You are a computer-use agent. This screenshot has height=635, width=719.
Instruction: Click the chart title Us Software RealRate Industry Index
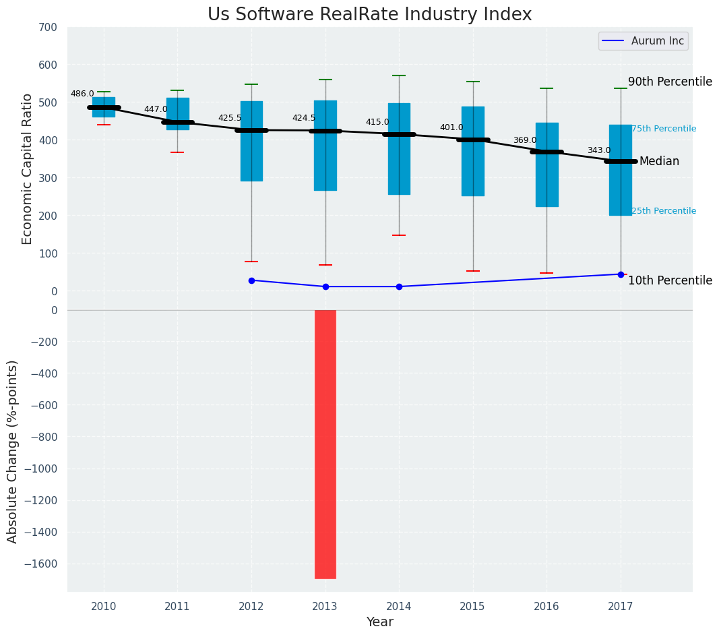369,15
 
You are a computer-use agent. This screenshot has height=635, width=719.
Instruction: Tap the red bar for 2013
325,444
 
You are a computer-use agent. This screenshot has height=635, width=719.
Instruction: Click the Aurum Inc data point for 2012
251,280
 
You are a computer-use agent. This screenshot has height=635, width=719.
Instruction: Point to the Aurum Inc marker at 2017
621,274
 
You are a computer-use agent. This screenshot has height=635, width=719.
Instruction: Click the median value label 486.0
82,94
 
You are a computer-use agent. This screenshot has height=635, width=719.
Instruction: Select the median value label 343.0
599,151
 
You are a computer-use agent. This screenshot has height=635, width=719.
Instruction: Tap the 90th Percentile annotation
670,82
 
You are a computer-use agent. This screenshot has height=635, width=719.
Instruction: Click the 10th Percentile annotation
670,280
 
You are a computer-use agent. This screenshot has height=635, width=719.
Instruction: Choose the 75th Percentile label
664,129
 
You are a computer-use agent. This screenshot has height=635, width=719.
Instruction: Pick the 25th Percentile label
664,211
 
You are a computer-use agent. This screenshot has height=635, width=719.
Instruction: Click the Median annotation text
659,162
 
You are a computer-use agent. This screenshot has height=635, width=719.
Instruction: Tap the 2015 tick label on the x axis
472,607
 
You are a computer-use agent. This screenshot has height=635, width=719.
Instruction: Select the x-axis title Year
380,622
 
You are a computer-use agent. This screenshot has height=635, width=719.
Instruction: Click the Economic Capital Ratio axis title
28,169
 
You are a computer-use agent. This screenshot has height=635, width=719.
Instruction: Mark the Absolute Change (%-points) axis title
12,451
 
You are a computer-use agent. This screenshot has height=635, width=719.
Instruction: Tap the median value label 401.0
451,127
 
